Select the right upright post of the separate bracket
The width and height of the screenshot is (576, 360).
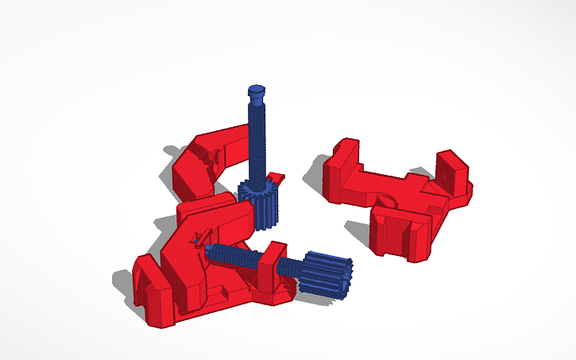tap(454, 170)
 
